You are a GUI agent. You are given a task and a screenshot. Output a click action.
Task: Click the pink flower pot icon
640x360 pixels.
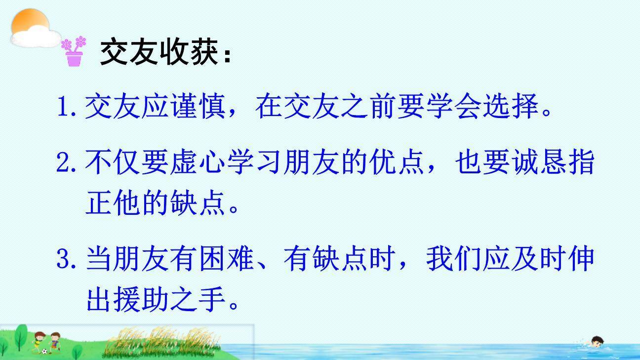[x=74, y=51]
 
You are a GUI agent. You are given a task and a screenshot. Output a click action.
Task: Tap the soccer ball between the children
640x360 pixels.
[x=44, y=352]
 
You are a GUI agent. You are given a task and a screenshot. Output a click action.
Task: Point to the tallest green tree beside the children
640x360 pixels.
[x=20, y=336]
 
